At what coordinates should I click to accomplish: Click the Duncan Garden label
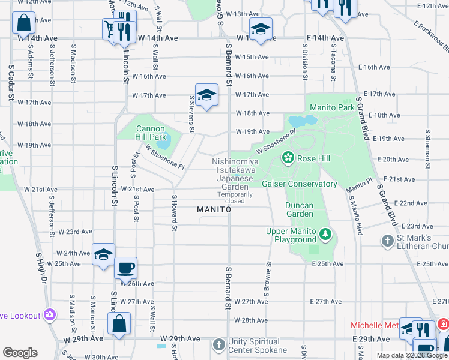(299, 209)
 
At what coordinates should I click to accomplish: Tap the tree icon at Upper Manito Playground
(325, 233)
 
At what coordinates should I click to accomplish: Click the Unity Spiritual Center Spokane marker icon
(219, 345)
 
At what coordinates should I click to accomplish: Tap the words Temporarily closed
(231, 197)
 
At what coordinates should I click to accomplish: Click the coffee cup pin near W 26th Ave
(125, 268)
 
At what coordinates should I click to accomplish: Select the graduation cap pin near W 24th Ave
(103, 254)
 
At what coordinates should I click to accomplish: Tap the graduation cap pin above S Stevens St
(206, 95)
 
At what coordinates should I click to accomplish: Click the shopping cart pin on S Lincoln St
(111, 28)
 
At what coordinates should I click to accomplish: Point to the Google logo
(20, 353)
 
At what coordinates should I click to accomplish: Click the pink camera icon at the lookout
(50, 315)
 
